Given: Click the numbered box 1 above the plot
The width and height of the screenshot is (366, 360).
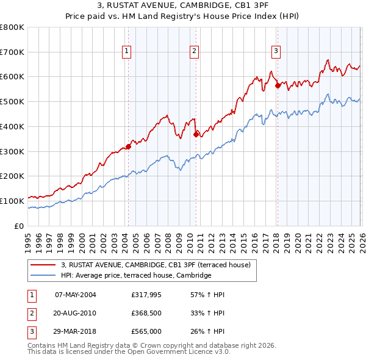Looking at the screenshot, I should click(x=126, y=52).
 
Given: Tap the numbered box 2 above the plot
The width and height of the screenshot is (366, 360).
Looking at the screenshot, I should click(x=194, y=52).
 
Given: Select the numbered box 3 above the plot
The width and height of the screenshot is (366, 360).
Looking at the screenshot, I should click(x=276, y=52).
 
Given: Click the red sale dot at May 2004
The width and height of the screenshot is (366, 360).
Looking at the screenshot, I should click(x=129, y=146).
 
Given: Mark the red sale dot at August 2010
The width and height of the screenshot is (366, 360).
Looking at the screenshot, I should click(x=196, y=134).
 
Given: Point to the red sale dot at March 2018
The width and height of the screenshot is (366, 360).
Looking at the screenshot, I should click(x=278, y=85).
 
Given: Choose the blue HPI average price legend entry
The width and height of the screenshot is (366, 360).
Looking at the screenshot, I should click(x=135, y=276).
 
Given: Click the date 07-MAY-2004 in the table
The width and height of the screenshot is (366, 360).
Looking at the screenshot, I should click(x=76, y=295).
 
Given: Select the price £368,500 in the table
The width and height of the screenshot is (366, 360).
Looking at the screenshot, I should click(x=146, y=314).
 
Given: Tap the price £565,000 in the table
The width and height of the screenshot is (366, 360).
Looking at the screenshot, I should click(x=146, y=333).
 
